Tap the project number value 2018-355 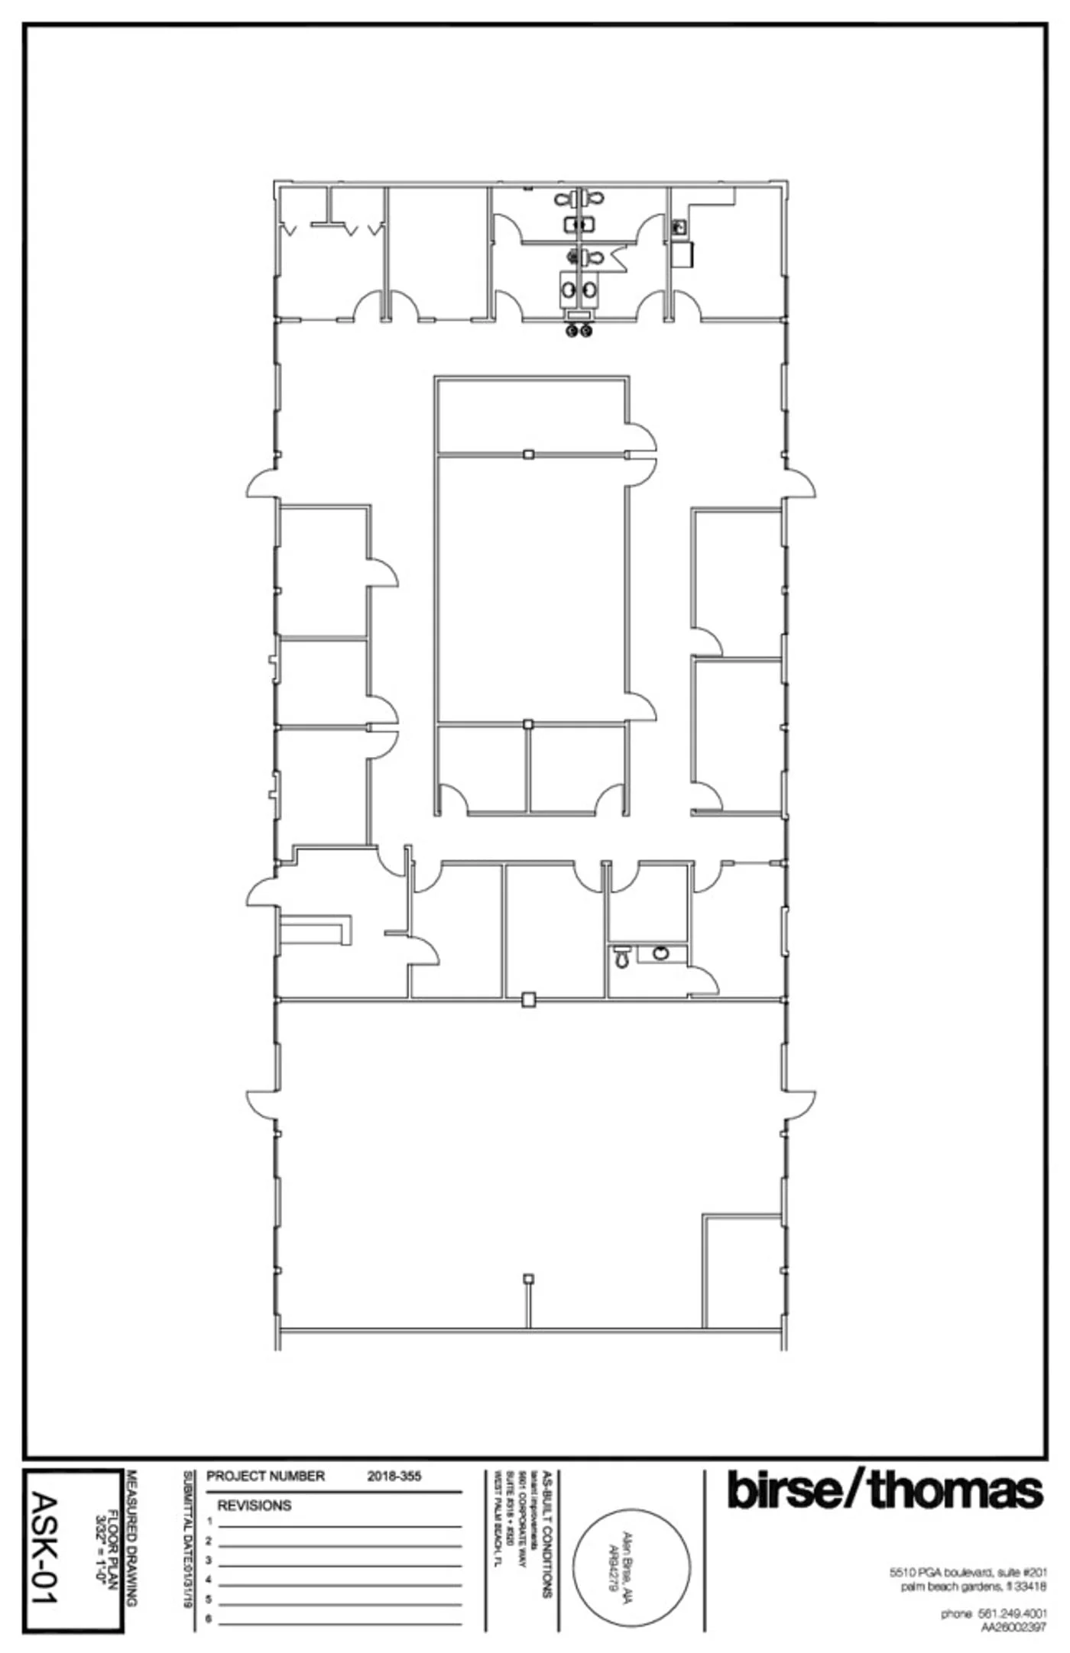coord(394,1476)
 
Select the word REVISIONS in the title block coord(255,1506)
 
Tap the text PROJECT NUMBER coord(265,1476)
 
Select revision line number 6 coord(209,1619)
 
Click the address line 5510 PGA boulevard coord(968,1573)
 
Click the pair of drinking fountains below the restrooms coord(579,331)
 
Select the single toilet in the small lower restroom coord(622,957)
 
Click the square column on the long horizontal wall coord(528,999)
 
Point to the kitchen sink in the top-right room coord(678,227)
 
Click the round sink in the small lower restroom coord(661,953)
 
